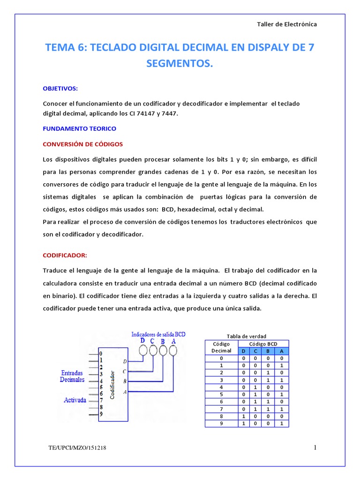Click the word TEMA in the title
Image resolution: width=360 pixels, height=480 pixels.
click(59, 47)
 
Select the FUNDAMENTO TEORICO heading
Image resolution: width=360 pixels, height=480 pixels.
click(79, 128)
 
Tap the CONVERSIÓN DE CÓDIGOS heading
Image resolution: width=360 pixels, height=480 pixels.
click(82, 143)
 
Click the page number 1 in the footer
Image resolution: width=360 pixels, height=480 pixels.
click(315, 448)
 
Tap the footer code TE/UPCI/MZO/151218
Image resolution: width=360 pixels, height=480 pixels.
click(77, 449)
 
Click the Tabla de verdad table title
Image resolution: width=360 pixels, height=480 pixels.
click(247, 336)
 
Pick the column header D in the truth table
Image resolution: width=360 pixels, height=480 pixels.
click(243, 351)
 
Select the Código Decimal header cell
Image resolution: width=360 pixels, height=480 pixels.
click(221, 347)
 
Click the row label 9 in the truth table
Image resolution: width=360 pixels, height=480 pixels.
click(221, 423)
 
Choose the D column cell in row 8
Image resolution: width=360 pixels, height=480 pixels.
click(243, 416)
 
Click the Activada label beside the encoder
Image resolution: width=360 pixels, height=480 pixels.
click(75, 400)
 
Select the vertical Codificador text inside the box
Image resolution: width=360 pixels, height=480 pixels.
click(113, 385)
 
